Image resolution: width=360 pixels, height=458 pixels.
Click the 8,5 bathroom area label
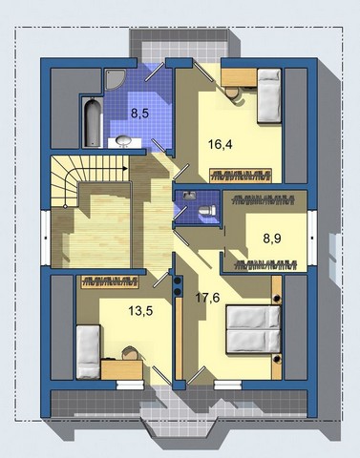point(140,114)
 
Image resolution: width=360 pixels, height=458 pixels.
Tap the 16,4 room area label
point(221,145)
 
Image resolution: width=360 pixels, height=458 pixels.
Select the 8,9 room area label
point(272,238)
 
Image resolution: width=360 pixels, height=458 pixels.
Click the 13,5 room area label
point(140,311)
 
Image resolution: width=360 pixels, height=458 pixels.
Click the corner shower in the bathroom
point(114,79)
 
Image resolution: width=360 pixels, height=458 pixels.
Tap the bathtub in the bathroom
point(93,123)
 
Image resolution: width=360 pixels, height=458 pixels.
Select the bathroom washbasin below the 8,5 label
point(124,141)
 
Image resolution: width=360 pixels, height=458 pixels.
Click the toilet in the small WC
point(207,210)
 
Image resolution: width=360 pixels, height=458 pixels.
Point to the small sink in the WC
point(190,195)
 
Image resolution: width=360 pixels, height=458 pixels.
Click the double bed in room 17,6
point(254,330)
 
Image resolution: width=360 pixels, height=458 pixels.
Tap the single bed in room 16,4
point(269,95)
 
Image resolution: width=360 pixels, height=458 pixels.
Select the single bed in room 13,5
point(88,352)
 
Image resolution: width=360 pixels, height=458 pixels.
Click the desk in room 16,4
point(239,76)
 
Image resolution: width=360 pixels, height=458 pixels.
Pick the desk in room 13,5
point(122,369)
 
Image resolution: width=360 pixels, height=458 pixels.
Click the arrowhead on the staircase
point(125,168)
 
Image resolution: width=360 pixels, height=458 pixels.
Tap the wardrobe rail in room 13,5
point(110,281)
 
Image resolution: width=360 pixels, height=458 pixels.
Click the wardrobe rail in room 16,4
point(241,175)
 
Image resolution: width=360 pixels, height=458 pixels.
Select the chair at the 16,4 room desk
point(232,93)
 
